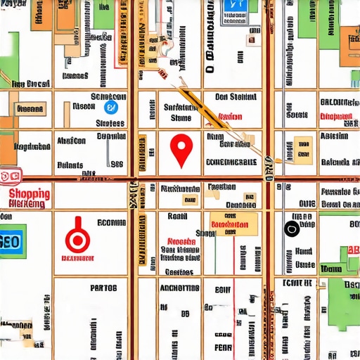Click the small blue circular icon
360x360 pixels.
pyautogui.click(x=110, y=108)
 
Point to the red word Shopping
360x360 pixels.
pyautogui.click(x=30, y=193)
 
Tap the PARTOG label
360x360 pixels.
pyautogui.click(x=104, y=288)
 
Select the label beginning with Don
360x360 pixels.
pyautogui.click(x=236, y=97)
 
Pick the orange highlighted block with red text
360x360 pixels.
pyautogui.click(x=230, y=224)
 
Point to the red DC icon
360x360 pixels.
pyautogui.click(x=10, y=176)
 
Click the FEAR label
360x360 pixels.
pyautogui.click(x=222, y=347)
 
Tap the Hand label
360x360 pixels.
pyautogui.click(x=304, y=251)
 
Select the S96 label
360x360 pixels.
pyautogui.click(x=117, y=164)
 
